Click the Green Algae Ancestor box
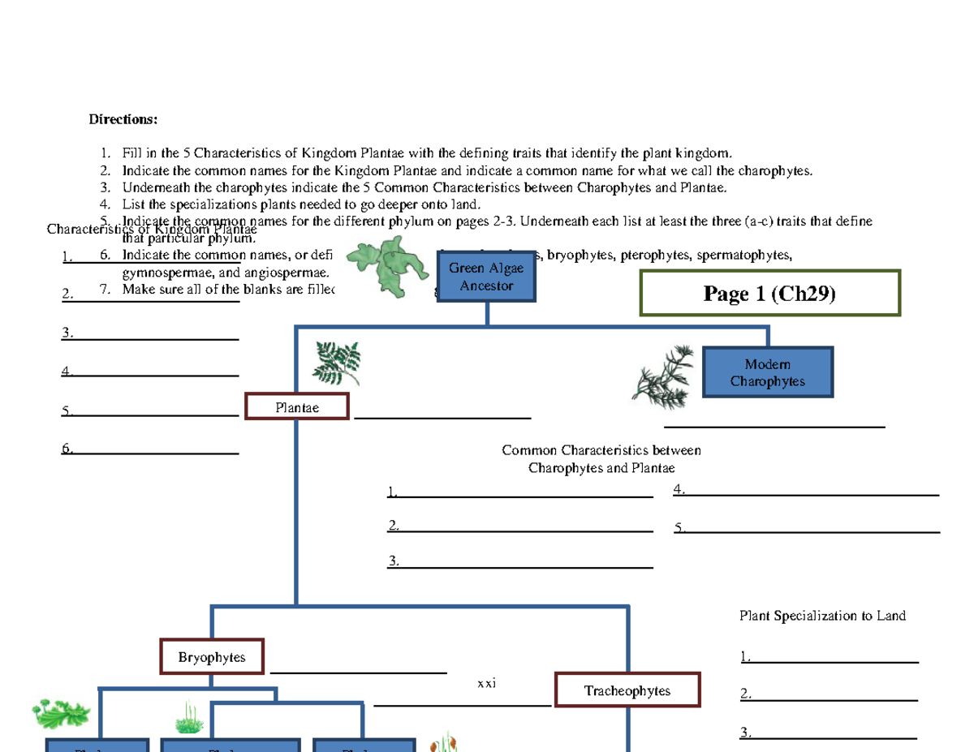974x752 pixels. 486,277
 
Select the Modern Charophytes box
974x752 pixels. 767,372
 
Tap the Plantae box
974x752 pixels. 297,407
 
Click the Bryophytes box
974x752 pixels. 212,657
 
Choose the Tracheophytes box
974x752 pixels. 627,690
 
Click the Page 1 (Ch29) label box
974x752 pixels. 769,293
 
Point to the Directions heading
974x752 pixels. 123,120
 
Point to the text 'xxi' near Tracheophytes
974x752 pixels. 486,684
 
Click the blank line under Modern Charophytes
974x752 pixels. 774,424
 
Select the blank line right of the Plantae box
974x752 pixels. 442,417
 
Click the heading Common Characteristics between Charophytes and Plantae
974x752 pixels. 601,459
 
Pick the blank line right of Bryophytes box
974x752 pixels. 358,671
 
